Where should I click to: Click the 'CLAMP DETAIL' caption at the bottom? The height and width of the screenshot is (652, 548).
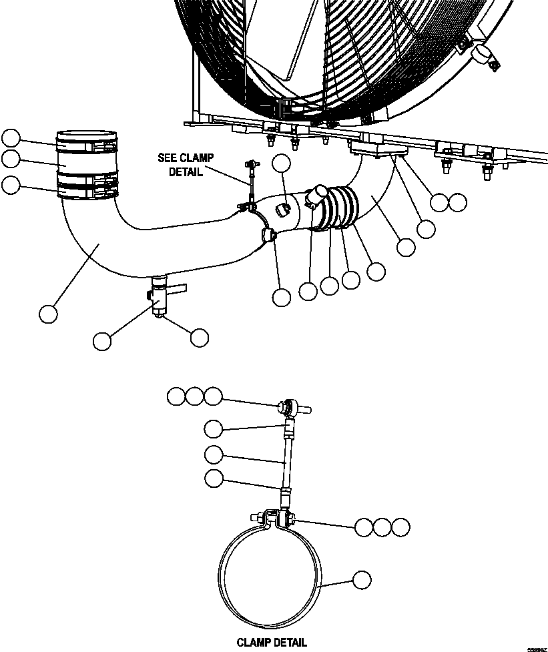272,643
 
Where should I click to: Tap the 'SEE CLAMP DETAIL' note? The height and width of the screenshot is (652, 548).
186,164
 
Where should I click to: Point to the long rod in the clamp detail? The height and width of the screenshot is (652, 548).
286,461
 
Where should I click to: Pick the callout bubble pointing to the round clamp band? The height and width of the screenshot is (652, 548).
362,580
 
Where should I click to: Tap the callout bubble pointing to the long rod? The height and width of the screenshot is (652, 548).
213,455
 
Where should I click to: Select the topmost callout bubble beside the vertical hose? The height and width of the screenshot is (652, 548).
11,138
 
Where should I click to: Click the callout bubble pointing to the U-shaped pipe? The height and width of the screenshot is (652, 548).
48,313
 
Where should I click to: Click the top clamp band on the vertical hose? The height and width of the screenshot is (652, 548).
86,141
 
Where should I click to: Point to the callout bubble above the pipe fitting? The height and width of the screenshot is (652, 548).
282,164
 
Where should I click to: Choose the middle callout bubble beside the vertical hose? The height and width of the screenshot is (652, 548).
11,158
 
